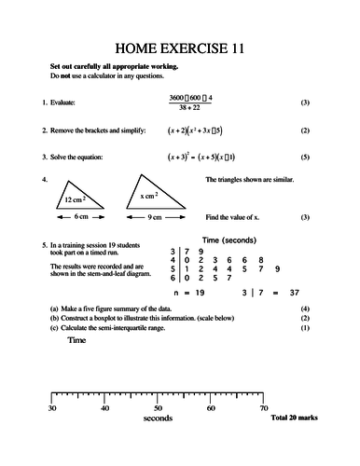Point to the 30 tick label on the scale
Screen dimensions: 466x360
pos(52,408)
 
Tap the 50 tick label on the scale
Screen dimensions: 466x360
pos(158,408)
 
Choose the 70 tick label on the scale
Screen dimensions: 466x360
pos(264,408)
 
